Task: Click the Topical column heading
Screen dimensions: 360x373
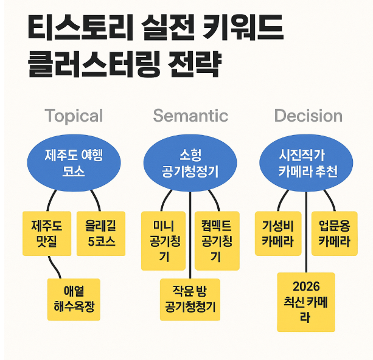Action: tap(74, 116)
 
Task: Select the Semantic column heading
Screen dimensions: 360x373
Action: tap(190, 116)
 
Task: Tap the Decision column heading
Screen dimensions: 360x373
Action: tap(308, 116)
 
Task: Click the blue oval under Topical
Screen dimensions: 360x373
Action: tap(74, 162)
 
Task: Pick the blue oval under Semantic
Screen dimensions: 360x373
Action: tap(190, 162)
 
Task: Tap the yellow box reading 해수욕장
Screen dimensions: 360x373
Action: tap(74, 299)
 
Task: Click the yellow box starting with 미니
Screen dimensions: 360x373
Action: tap(163, 241)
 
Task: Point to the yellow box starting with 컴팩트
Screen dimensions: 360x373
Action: tap(217, 241)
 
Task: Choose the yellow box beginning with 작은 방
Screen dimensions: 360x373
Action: tap(190, 300)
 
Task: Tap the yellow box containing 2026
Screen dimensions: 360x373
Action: tap(305, 302)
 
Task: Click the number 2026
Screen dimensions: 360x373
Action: tap(305, 286)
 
